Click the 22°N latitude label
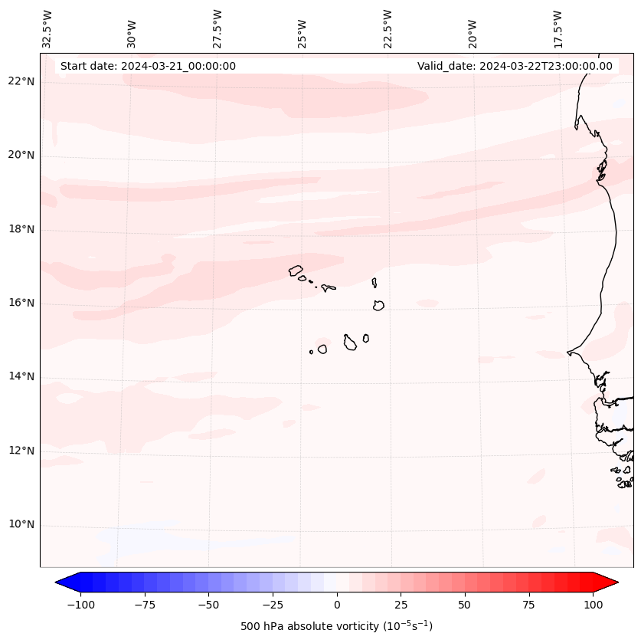[x=22, y=82]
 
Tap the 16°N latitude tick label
[x=22, y=303]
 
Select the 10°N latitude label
[x=22, y=525]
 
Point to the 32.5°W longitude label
[x=47, y=28]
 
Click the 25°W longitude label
[x=303, y=28]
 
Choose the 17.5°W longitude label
[x=558, y=28]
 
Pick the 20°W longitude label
[x=473, y=28]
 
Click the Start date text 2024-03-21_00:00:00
[x=148, y=66]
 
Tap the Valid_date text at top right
[x=515, y=66]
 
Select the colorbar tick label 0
[x=337, y=605]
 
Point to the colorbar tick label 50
[x=465, y=605]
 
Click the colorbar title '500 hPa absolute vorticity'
[x=336, y=626]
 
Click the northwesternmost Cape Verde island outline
[x=296, y=271]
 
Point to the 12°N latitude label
[x=22, y=451]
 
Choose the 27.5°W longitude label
[x=217, y=28]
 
